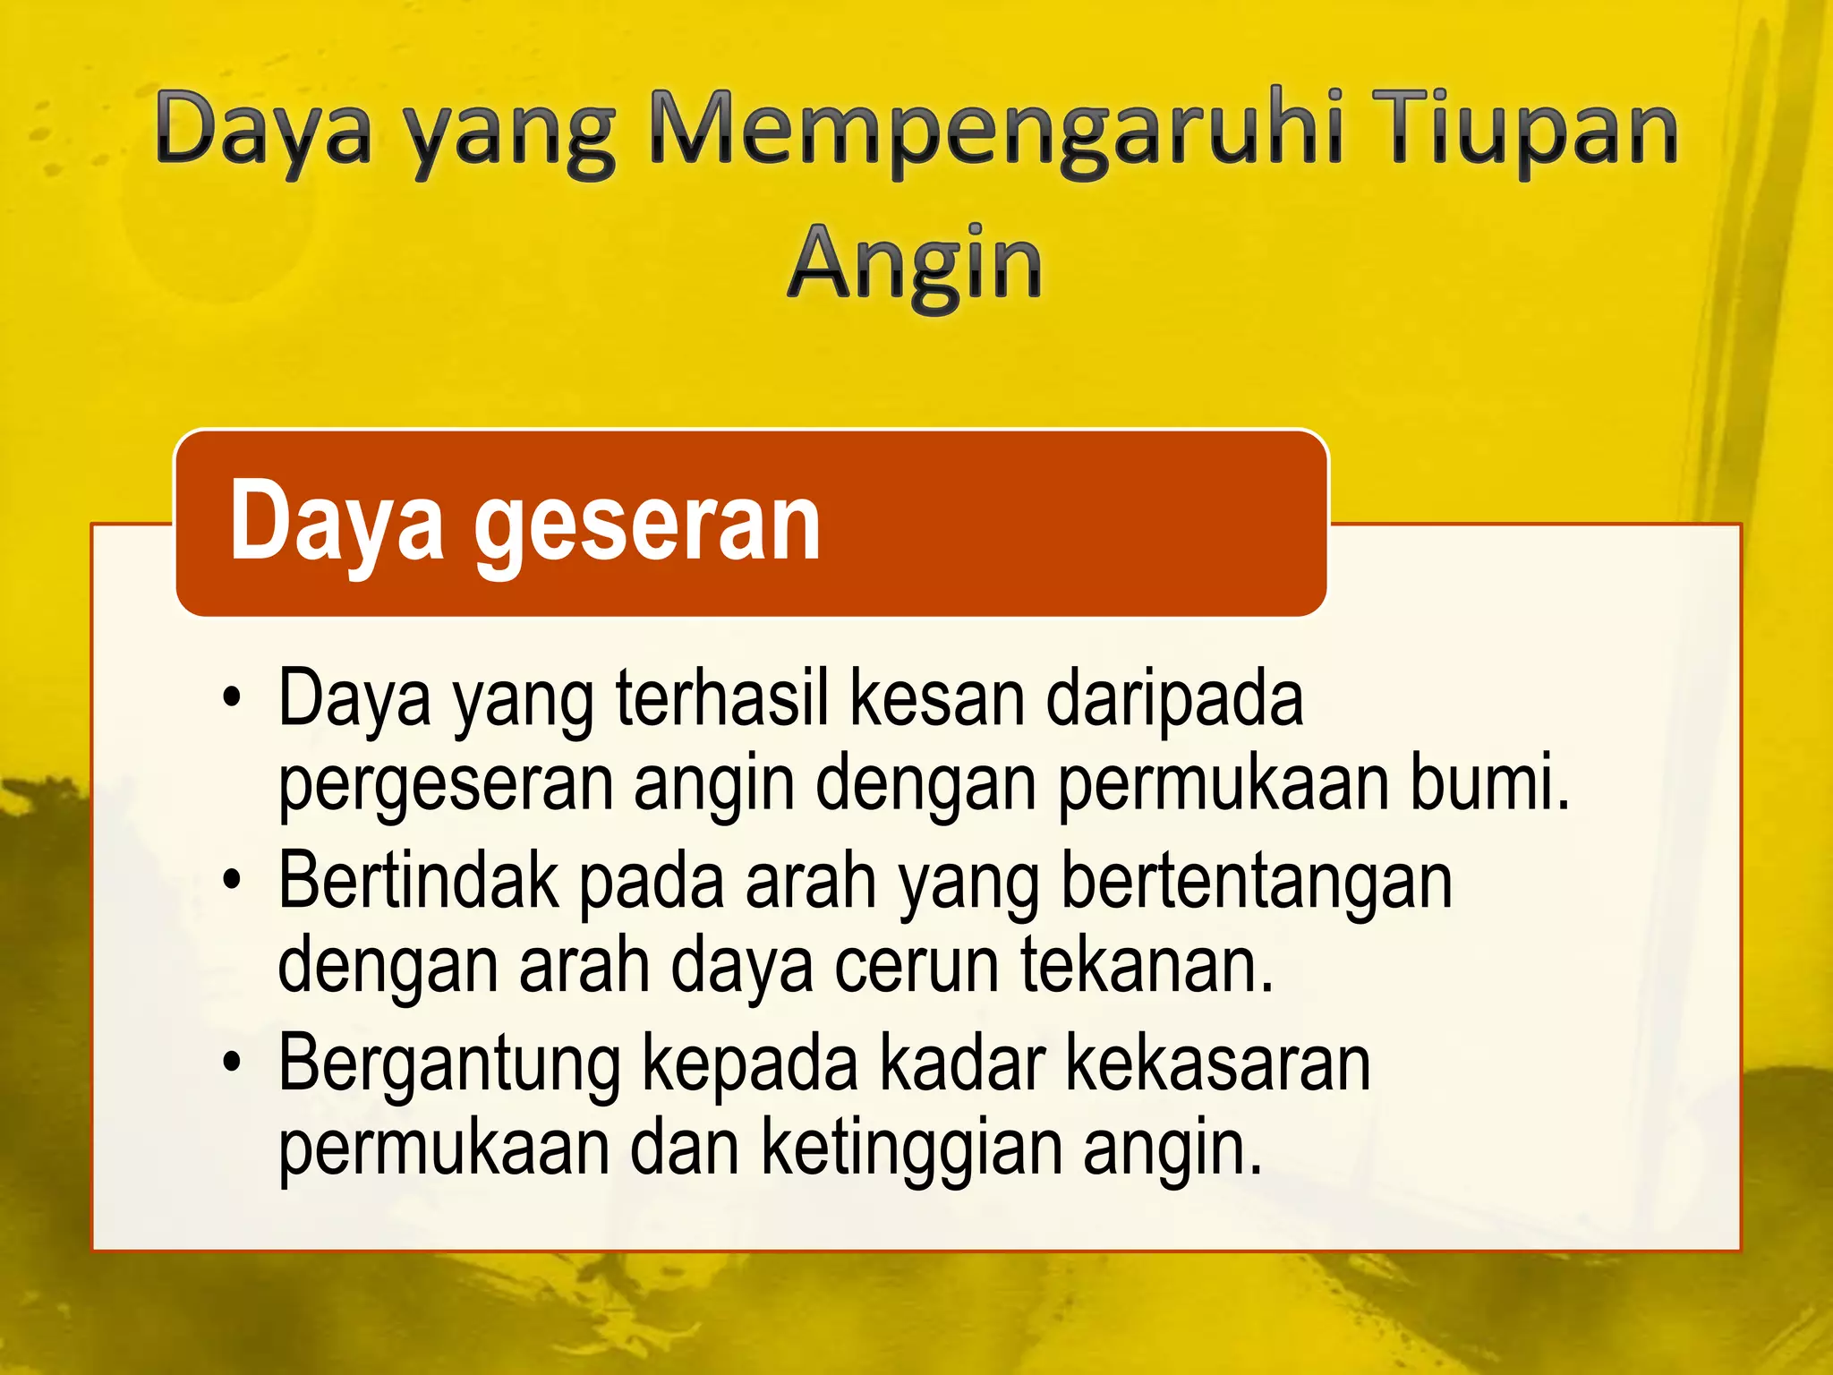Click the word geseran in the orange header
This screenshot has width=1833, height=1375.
pyautogui.click(x=646, y=524)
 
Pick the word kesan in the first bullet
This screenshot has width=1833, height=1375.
pyautogui.click(x=937, y=699)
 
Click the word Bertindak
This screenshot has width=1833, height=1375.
pyautogui.click(x=418, y=881)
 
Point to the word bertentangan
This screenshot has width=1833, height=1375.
pyautogui.click(x=1257, y=883)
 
